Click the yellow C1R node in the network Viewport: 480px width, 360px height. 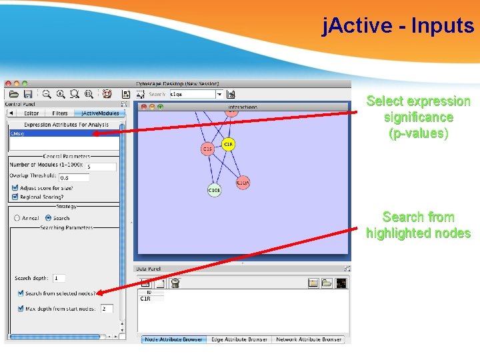(x=228, y=145)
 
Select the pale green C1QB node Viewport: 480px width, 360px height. (x=213, y=190)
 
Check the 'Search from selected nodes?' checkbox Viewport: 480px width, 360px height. (x=20, y=293)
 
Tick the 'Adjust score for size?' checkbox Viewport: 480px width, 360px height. (x=15, y=188)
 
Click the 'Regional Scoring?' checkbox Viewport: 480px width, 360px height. (x=15, y=197)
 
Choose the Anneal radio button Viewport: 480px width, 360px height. (x=17, y=218)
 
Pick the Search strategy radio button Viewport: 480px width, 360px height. (x=48, y=218)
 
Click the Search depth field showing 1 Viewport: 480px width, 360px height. (x=59, y=278)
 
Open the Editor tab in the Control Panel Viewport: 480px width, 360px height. (x=31, y=113)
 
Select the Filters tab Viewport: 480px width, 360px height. (x=60, y=113)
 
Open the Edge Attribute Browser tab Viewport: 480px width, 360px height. (x=239, y=339)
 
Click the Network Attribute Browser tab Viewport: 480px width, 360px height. (x=309, y=339)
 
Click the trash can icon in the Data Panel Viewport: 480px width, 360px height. (x=175, y=283)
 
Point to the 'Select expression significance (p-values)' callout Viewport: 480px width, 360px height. (x=418, y=117)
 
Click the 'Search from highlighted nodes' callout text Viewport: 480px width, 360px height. (x=418, y=225)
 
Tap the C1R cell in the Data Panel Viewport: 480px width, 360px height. (x=145, y=299)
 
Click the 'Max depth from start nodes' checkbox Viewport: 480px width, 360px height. (x=20, y=309)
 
